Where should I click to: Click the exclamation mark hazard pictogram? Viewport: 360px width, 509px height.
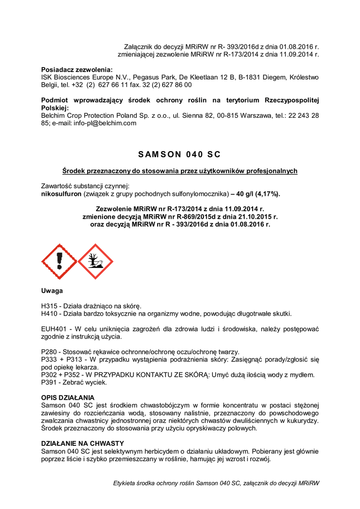tap(59, 261)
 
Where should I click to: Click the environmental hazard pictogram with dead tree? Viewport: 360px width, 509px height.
tap(95, 261)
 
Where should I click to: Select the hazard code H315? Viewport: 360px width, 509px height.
tap(50, 306)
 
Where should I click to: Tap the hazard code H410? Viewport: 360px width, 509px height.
tap(50, 314)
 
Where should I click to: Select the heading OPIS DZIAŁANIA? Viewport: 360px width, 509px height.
tap(67, 398)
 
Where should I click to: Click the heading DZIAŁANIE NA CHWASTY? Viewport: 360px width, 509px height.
tap(82, 443)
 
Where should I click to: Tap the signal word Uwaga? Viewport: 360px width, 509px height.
tap(52, 291)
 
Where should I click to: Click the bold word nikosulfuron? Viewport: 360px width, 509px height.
tap(61, 193)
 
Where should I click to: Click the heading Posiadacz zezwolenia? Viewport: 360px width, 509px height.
tap(77, 70)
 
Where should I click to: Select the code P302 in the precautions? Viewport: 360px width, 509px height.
tap(50, 375)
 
